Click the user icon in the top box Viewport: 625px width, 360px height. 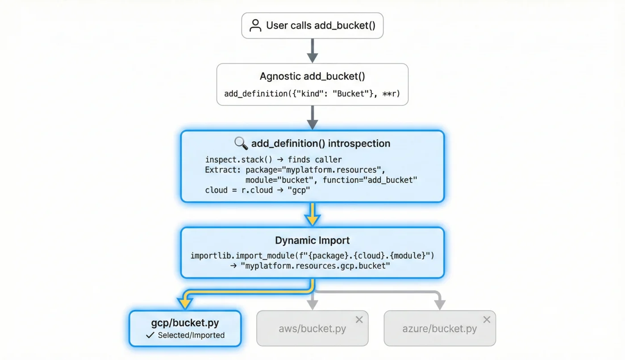(x=255, y=25)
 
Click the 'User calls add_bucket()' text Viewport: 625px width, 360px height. (x=321, y=25)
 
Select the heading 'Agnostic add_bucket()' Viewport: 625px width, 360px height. (x=312, y=76)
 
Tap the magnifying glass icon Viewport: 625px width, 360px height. (x=241, y=143)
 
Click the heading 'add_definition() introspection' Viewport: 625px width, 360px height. (x=321, y=144)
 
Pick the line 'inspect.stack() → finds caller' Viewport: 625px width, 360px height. (x=273, y=159)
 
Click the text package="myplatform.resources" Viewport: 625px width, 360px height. (x=315, y=170)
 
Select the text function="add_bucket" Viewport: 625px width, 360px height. (x=370, y=180)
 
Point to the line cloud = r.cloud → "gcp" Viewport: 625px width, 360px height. (x=258, y=190)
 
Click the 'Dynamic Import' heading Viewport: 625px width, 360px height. (x=312, y=240)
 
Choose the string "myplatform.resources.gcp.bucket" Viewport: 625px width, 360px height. (x=315, y=266)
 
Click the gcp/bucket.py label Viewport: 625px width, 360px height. (x=185, y=323)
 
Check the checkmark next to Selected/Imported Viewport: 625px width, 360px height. (x=150, y=335)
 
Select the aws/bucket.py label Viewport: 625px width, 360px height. (x=312, y=329)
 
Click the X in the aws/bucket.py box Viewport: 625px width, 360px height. (x=359, y=319)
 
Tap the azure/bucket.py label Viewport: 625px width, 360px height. (x=439, y=329)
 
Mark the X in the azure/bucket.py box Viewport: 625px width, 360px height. (x=487, y=319)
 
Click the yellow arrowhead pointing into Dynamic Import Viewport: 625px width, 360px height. (x=312, y=219)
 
